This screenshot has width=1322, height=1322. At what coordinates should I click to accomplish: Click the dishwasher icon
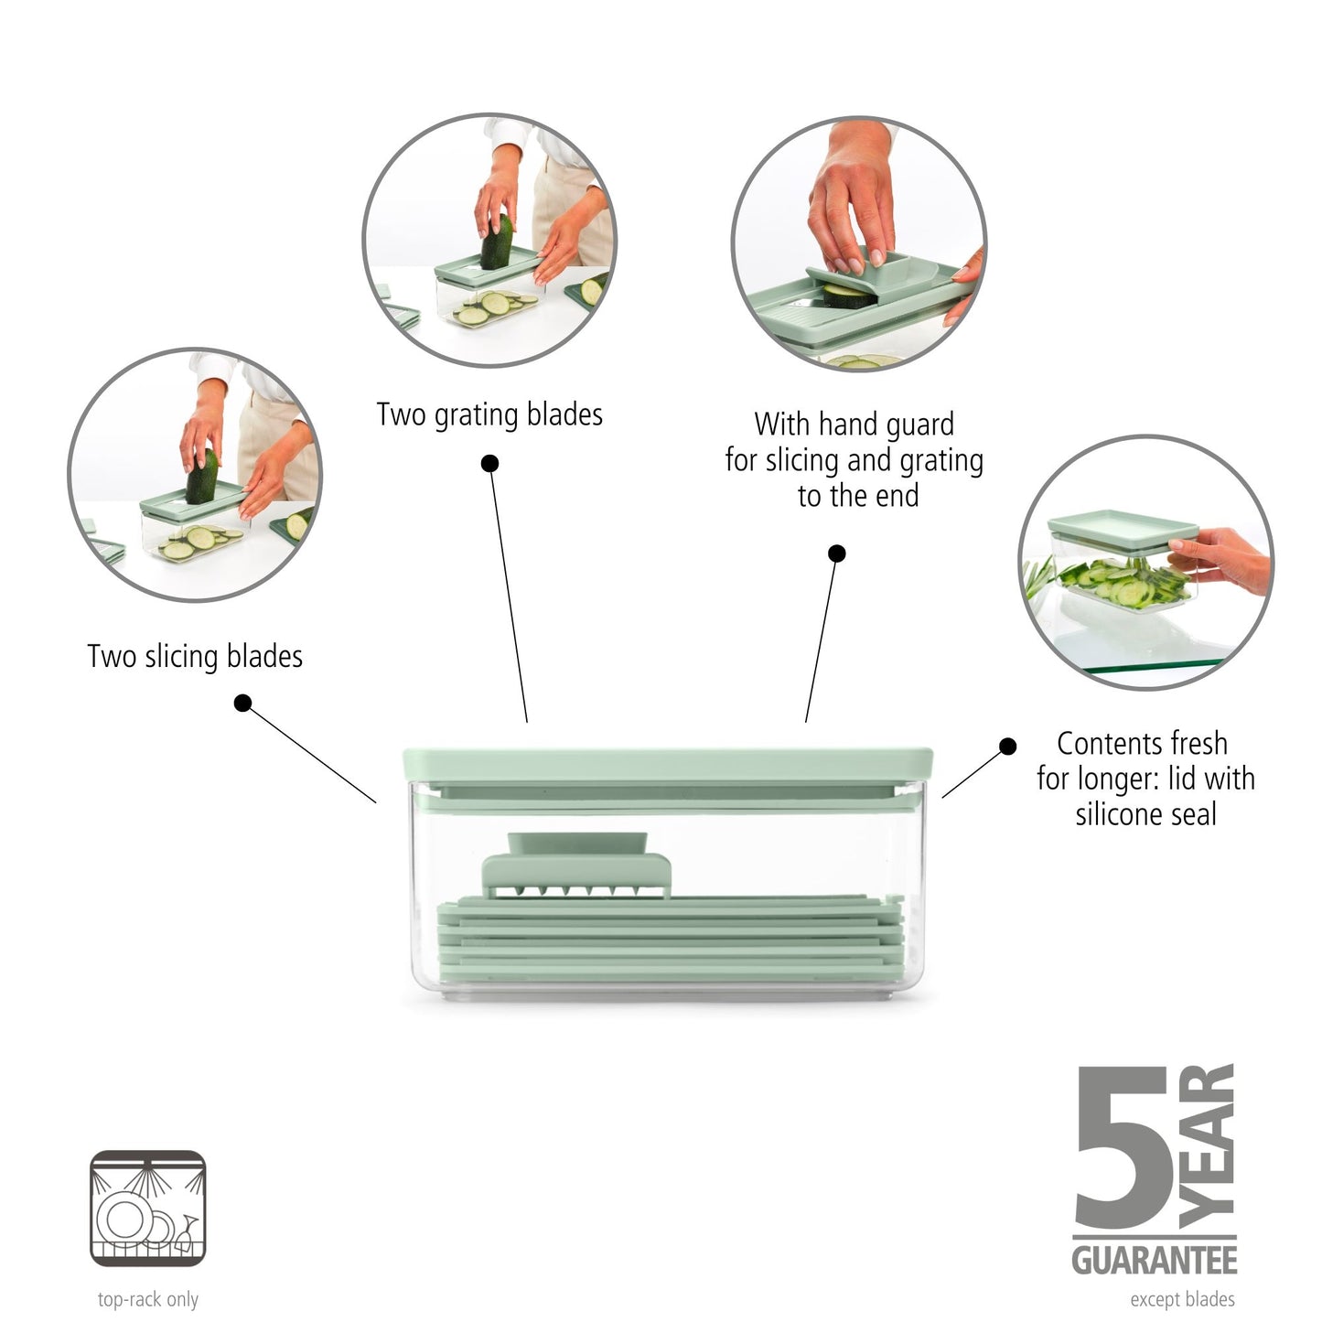(x=147, y=1208)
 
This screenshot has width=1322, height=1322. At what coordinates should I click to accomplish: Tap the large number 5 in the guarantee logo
(x=1123, y=1149)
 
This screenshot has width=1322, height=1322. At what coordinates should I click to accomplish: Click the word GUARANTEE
(x=1154, y=1261)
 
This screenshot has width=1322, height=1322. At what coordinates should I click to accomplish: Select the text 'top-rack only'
(x=147, y=1299)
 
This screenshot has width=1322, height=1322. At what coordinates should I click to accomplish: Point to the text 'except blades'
(x=1182, y=1299)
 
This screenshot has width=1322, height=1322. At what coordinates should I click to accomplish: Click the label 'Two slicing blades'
(x=194, y=657)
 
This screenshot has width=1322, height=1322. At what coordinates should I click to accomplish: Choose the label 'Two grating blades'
(x=489, y=414)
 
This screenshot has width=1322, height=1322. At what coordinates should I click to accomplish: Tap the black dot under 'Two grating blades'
(x=489, y=464)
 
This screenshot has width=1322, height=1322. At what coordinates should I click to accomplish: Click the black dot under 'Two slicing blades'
(x=242, y=703)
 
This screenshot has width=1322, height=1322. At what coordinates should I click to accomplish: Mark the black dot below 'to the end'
(x=836, y=554)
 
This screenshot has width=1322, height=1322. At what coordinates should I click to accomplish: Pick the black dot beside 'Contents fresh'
(x=1007, y=747)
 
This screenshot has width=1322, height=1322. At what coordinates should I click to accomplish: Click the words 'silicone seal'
(x=1145, y=814)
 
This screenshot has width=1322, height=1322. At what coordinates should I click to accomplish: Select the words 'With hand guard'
(x=854, y=425)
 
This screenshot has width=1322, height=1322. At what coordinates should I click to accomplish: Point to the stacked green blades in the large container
(x=668, y=942)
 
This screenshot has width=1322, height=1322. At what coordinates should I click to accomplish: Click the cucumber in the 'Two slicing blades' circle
(x=202, y=476)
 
